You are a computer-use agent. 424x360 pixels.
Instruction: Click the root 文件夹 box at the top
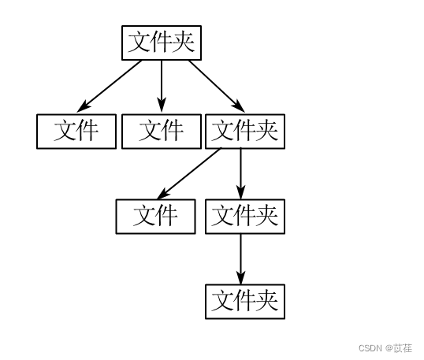point(162,43)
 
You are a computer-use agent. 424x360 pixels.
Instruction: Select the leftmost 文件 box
point(76,131)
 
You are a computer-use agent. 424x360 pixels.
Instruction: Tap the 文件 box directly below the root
point(162,131)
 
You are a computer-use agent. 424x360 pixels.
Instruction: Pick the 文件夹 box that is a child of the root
point(245,131)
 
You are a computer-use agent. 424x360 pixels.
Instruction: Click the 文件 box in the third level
point(155,216)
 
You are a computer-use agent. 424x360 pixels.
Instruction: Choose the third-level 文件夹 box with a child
point(245,216)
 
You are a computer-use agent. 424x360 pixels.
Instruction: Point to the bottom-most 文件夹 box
point(245,301)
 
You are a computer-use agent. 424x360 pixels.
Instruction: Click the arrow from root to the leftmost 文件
point(111,85)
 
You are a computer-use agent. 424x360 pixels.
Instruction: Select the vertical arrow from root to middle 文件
point(162,85)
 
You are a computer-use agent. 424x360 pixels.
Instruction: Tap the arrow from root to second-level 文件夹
point(214,85)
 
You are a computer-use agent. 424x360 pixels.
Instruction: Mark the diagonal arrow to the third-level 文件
point(191,173)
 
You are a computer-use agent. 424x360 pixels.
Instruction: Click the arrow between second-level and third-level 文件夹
point(240,173)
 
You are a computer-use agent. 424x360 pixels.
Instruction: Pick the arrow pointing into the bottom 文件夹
point(240,258)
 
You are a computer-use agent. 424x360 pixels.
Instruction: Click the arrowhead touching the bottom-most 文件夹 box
point(240,278)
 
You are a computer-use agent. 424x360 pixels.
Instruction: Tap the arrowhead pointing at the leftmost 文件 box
point(84,107)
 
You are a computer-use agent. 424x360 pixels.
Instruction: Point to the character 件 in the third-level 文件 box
point(167,216)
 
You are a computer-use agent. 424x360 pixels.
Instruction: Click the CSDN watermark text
point(370,348)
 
